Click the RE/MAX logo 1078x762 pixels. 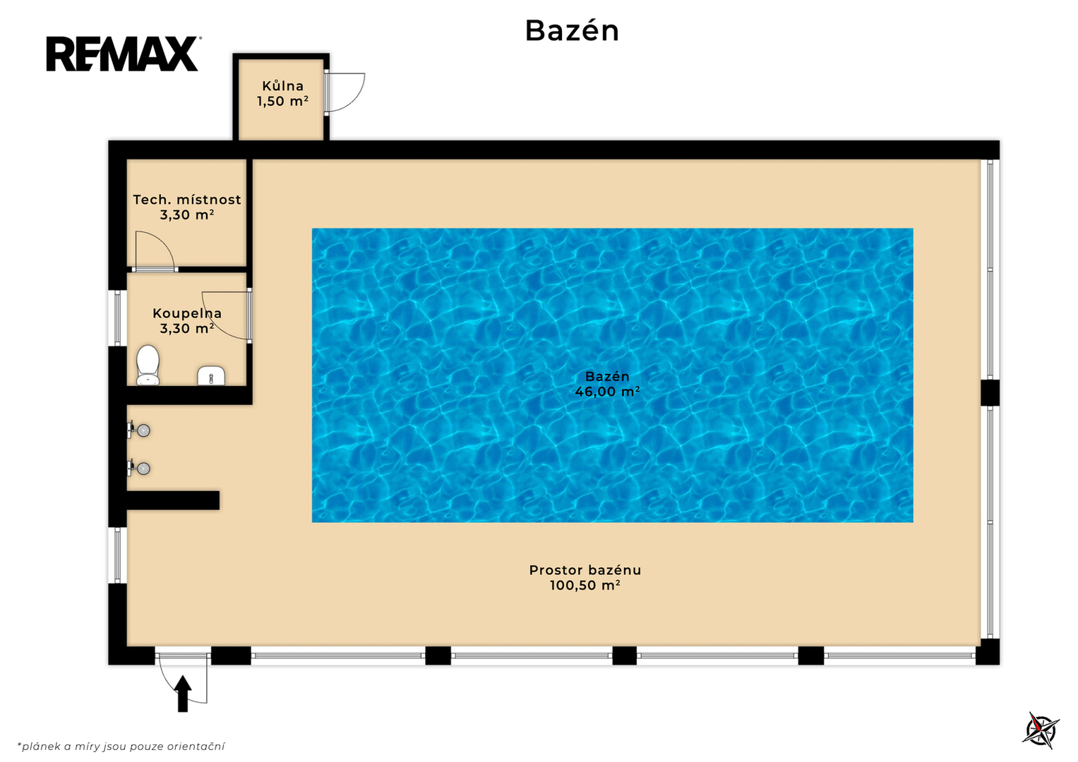[124, 54]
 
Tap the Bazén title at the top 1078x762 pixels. [571, 31]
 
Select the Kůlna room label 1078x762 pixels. [282, 86]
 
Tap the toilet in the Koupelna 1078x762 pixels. [148, 365]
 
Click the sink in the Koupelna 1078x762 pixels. [211, 375]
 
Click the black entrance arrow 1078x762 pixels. [182, 693]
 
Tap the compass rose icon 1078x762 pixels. [1040, 731]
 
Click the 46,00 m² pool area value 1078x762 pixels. [607, 392]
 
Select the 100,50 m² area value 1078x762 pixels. [585, 586]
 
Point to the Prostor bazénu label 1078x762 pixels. [585, 570]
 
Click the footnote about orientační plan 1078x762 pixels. [121, 746]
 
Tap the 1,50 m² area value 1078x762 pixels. [282, 101]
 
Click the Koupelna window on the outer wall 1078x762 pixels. [117, 318]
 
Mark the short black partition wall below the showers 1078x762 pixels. [173, 500]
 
